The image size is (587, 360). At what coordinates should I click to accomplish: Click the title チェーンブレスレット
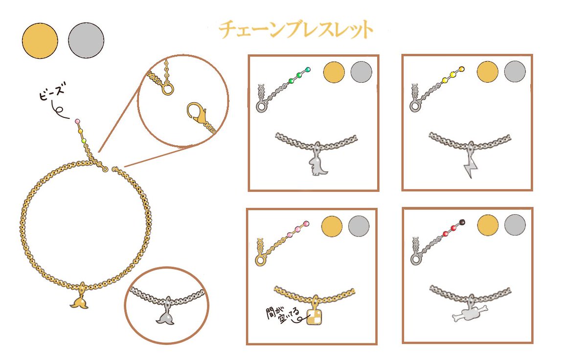pyautogui.click(x=296, y=30)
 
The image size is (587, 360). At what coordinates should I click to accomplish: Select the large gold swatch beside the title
pyautogui.click(x=40, y=41)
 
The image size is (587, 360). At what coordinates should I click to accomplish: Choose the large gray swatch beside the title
pyautogui.click(x=86, y=40)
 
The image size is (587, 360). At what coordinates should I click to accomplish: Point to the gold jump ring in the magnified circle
pyautogui.click(x=168, y=89)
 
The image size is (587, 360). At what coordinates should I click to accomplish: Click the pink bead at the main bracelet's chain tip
pyautogui.click(x=77, y=121)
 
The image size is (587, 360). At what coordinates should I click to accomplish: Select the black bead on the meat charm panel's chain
pyautogui.click(x=462, y=222)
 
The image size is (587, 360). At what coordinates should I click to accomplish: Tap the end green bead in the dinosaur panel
pyautogui.click(x=308, y=69)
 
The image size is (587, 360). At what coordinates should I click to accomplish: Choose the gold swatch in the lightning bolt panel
pyautogui.click(x=487, y=71)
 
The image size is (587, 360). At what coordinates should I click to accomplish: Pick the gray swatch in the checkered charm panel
pyautogui.click(x=359, y=226)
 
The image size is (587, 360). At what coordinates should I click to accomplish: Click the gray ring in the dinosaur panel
pyautogui.click(x=261, y=107)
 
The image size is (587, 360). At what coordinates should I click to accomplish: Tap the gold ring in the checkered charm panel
pyautogui.click(x=260, y=261)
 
